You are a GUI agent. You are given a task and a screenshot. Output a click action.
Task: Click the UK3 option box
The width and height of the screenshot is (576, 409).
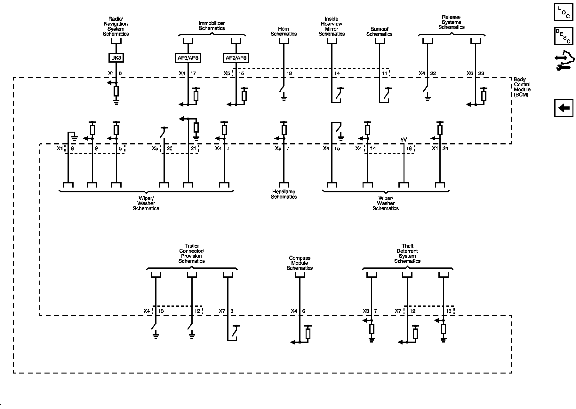point(116,58)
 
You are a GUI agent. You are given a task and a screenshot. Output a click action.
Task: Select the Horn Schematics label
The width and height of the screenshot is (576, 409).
point(284,31)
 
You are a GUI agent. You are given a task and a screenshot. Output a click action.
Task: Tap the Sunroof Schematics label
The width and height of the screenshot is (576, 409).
point(379,32)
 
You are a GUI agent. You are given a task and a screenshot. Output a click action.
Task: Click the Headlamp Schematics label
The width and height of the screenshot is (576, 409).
point(284,194)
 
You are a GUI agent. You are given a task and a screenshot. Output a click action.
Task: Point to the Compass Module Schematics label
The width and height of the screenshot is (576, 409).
point(300,263)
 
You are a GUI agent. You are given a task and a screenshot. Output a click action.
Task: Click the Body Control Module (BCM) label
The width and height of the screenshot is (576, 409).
point(522,87)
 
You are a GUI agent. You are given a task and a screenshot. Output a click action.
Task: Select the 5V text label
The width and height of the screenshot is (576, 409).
point(404,140)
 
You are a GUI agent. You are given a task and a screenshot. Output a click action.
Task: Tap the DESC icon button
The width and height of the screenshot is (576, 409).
point(564,36)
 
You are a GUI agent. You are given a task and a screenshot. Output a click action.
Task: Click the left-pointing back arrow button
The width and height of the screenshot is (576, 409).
point(564,108)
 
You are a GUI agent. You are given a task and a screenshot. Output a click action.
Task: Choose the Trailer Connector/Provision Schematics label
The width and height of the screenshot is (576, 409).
point(191,253)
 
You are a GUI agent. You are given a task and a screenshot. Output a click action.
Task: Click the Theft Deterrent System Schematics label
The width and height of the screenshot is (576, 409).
point(407,253)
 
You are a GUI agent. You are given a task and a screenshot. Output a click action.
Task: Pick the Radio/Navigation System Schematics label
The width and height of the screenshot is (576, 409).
point(116,26)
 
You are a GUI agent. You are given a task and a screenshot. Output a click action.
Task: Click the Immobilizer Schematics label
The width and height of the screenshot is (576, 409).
point(212,26)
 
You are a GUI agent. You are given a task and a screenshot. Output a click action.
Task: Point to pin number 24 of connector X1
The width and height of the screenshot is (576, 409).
point(445,149)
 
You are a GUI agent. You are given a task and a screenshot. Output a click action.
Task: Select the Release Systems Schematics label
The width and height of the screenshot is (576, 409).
point(451,22)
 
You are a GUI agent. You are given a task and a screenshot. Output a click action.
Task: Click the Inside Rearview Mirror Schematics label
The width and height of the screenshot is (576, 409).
point(332,26)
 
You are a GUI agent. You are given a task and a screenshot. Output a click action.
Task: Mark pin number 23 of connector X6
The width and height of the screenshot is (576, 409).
point(481,73)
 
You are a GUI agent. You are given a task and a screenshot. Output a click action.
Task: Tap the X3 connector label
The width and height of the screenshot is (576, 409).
point(366,311)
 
